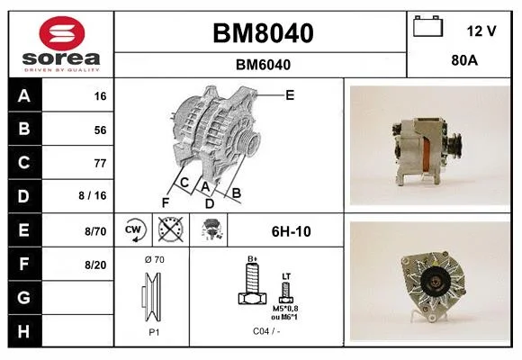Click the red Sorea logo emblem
coord(62,33)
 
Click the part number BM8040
coord(263,33)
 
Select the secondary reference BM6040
coord(263,65)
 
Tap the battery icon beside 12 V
coord(427,27)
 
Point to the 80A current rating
coord(464,60)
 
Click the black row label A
coord(24,96)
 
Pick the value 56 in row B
coord(100,130)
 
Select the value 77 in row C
coord(100,163)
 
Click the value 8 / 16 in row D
coord(93,195)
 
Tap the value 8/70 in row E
coord(95,231)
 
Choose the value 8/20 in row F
coord(95,265)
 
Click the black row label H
coord(24,331)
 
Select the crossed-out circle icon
coord(171,229)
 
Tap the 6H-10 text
coord(292,231)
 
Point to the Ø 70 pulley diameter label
coord(155,259)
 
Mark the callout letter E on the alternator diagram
coord(290,95)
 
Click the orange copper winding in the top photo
coord(426,157)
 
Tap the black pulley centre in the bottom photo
coord(434,283)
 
